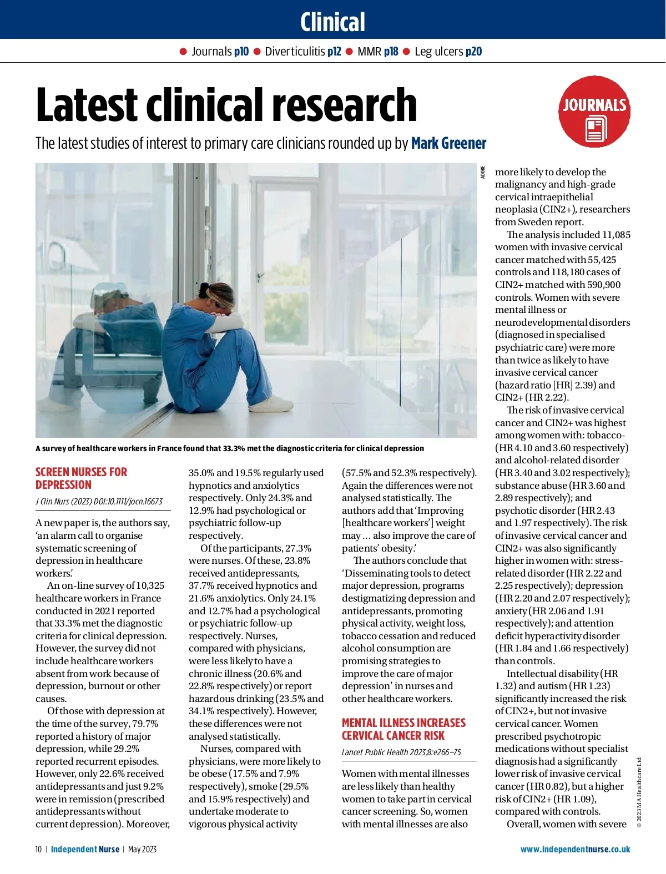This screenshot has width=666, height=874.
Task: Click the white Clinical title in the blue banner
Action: point(332,22)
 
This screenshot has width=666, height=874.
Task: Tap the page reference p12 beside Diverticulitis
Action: point(334,52)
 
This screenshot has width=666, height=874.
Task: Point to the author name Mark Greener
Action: point(448,143)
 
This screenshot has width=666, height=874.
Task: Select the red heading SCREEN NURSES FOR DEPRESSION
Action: point(81,478)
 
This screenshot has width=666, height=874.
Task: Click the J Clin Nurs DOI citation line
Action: point(99,501)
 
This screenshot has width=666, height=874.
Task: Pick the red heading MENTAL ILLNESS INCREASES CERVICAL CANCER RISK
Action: point(403,729)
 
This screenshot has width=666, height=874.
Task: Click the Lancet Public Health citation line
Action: point(401,752)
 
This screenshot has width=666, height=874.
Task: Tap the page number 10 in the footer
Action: point(38,849)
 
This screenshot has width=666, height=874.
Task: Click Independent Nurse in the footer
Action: point(85,849)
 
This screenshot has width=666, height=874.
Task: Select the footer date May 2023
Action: point(142,849)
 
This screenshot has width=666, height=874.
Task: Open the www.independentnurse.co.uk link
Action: point(575,849)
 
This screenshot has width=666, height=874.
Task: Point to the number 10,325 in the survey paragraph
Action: point(150,585)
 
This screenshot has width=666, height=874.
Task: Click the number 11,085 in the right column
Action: point(616,235)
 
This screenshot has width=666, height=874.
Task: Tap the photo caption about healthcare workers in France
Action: point(230,448)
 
